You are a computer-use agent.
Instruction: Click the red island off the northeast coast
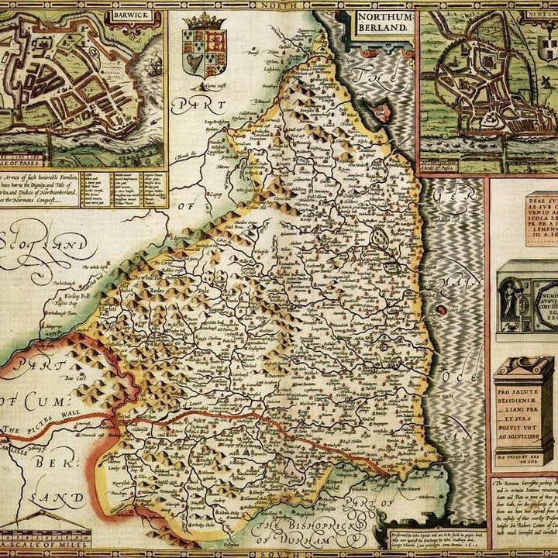point(441,309)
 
